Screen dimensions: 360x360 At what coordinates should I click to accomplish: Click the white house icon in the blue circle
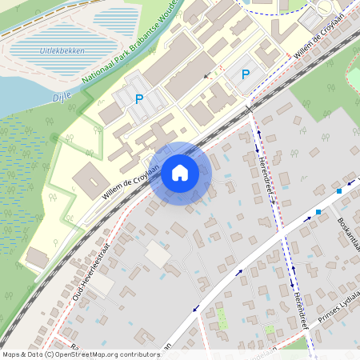(180, 172)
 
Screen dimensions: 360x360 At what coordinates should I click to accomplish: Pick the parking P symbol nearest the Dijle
(139, 99)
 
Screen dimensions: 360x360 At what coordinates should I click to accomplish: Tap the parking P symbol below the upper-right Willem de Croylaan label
(246, 74)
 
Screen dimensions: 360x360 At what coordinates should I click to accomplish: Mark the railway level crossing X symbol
(250, 108)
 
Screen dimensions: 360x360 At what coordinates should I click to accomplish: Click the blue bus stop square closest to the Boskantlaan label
(318, 212)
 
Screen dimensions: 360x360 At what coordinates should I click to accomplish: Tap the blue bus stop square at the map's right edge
(339, 191)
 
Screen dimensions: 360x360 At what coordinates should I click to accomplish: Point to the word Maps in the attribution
(12, 354)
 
